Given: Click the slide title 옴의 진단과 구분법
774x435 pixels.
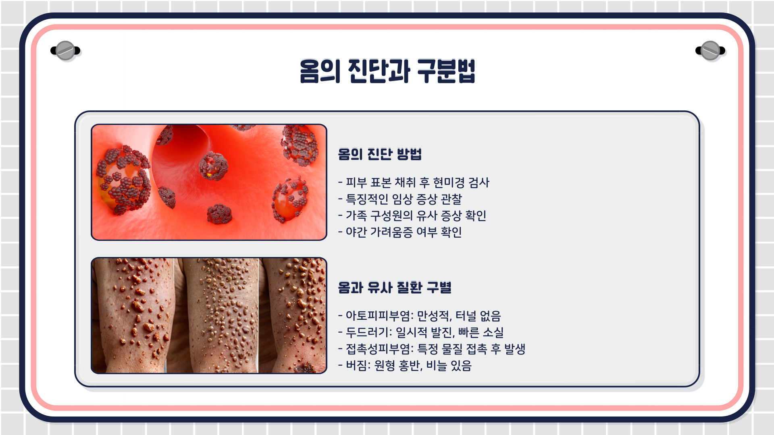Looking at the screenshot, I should coord(387,71).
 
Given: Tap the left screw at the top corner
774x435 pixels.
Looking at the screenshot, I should coord(65,51).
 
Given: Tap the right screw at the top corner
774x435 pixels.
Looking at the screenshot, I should coord(710,51).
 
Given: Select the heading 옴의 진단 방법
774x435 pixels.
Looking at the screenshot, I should coord(380,154).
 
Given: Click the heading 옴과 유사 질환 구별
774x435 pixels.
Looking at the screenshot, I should coord(395,288).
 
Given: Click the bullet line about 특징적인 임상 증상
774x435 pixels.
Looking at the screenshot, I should coord(403,199).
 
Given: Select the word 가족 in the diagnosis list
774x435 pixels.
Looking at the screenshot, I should coord(356,216).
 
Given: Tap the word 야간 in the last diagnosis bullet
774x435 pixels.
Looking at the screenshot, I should coord(356,232).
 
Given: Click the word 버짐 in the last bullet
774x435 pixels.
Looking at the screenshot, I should coord(356,366).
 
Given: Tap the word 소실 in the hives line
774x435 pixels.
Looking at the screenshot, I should coord(493,333).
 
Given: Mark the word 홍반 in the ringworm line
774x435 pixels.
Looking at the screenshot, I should coord(410,366).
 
